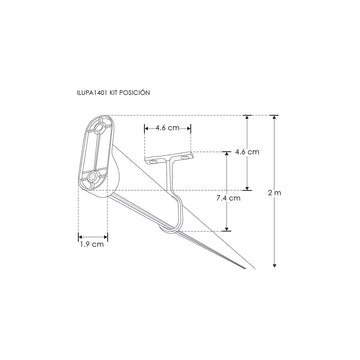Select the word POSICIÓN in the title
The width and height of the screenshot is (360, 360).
click(x=133, y=91)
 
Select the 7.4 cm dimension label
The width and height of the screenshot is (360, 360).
click(x=229, y=198)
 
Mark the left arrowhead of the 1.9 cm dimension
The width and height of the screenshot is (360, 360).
click(x=79, y=236)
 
